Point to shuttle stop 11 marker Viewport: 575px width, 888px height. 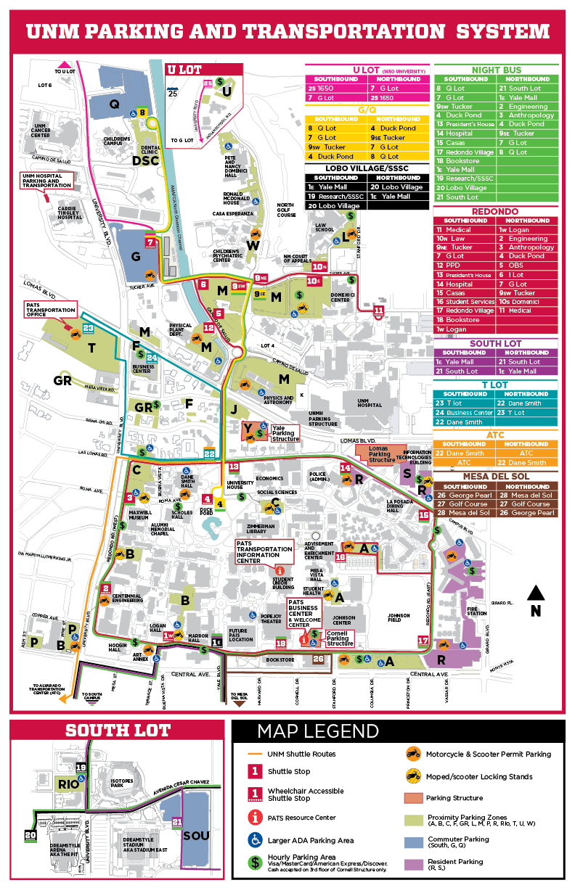click(x=378, y=312)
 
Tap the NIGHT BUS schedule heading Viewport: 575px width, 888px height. click(x=496, y=70)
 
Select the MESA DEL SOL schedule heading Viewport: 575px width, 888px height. click(x=496, y=476)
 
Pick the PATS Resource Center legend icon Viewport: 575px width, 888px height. click(x=255, y=818)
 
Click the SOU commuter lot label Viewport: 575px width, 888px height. click(x=196, y=836)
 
